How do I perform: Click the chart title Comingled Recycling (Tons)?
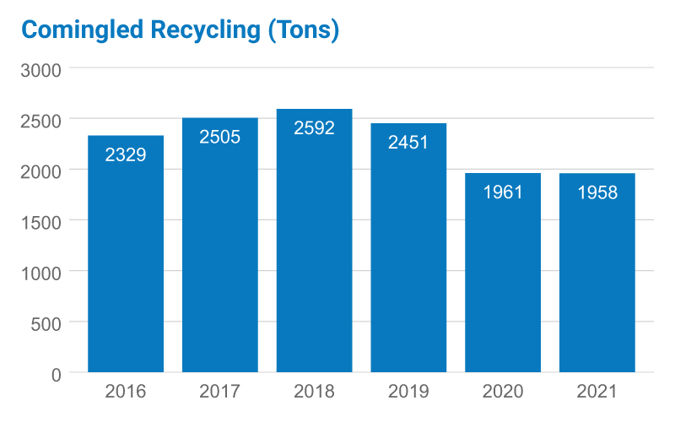click(x=180, y=30)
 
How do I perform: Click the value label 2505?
click(x=220, y=137)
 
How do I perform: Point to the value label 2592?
click(x=314, y=128)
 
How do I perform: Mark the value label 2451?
click(x=408, y=143)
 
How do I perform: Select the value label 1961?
click(x=503, y=192)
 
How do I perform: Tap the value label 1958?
click(x=597, y=192)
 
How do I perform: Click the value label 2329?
click(x=126, y=155)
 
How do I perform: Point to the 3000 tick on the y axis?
click(x=41, y=69)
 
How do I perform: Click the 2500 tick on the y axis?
click(x=41, y=120)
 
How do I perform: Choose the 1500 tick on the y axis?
click(x=41, y=221)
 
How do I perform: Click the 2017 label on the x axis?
click(x=220, y=392)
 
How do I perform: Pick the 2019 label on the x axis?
click(x=408, y=392)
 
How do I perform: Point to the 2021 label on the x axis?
click(x=597, y=392)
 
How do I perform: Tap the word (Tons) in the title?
click(x=302, y=30)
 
